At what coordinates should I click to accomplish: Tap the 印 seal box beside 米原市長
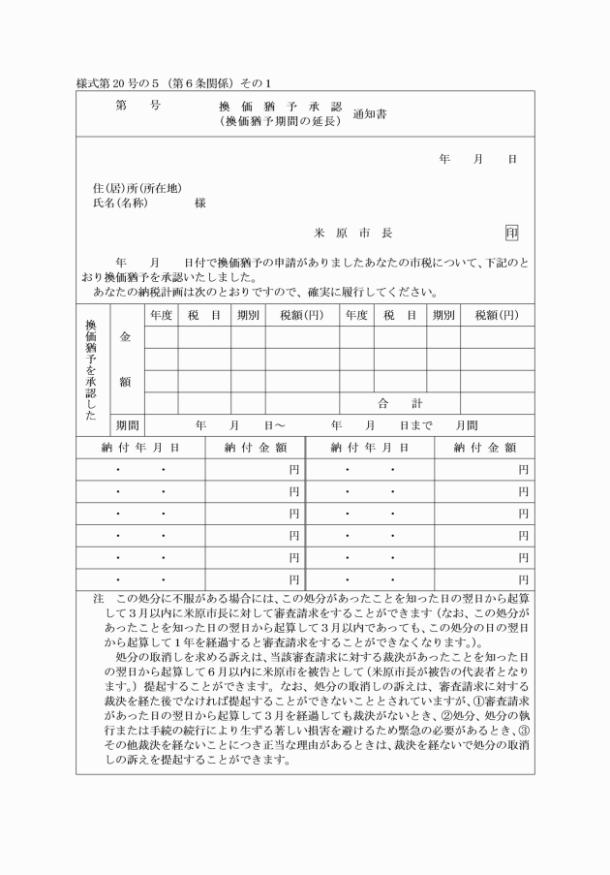pos(511,233)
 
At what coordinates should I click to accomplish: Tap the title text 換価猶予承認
pos(282,106)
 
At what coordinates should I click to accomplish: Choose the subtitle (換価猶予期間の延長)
pos(282,121)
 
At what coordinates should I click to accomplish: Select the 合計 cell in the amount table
pos(399,403)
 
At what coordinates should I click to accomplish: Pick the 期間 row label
pos(127,425)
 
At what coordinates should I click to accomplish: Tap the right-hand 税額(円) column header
pos(497,315)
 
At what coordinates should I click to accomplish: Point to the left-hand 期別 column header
pos(247,315)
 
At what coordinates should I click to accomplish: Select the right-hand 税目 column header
pos(400,315)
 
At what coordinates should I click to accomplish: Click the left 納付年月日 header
pos(140,448)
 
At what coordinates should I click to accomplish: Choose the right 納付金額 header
pos(484,448)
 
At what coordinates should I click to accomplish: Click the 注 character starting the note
pos(98,600)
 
